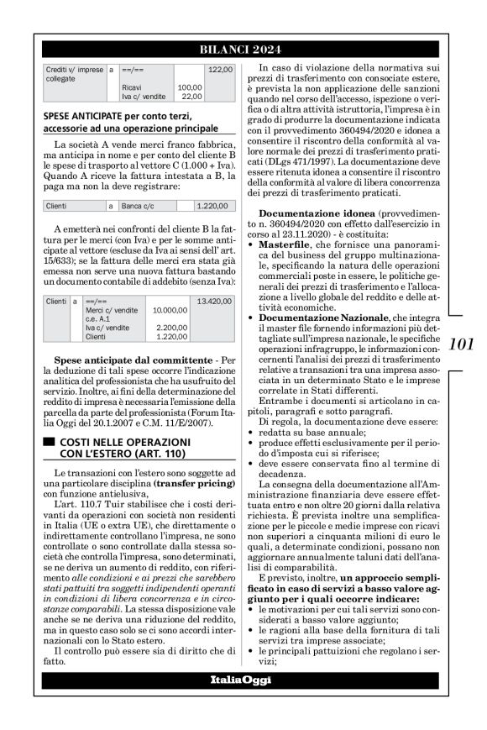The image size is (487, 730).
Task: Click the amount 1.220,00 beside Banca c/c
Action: click(212, 205)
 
